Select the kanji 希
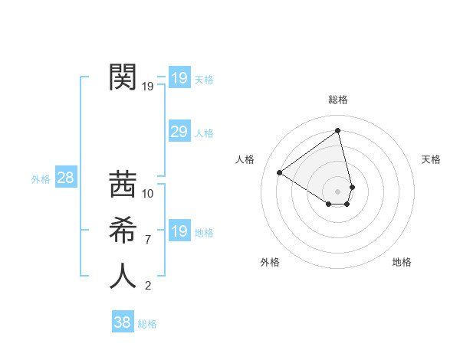click(123, 230)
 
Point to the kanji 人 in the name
click(123, 276)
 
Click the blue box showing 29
click(179, 132)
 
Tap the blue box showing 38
click(122, 322)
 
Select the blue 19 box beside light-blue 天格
click(179, 78)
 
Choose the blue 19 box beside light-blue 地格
click(179, 231)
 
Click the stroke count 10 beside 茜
click(148, 193)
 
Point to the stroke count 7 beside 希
click(148, 240)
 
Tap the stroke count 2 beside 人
click(148, 286)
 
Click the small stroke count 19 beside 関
click(148, 86)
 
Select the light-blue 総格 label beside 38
click(147, 324)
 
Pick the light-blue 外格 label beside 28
click(41, 179)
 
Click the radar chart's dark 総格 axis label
click(338, 100)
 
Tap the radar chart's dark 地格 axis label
click(402, 262)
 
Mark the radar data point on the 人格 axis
click(280, 172)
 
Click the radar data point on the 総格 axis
click(338, 131)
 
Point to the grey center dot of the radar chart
click(338, 191)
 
